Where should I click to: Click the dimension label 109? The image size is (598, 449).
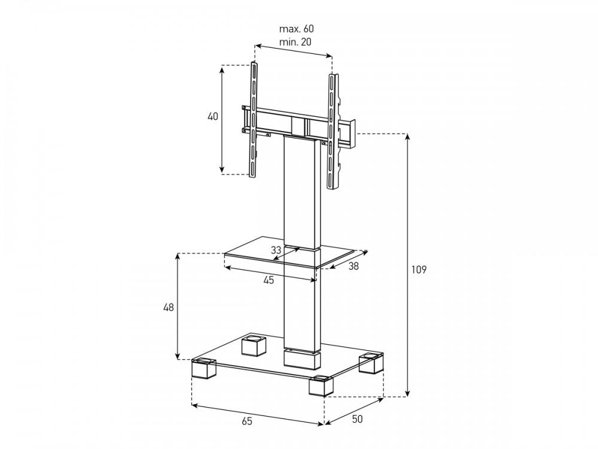[x=419, y=269]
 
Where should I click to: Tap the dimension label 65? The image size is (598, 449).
[x=247, y=421]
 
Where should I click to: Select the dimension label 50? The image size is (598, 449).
[x=357, y=419]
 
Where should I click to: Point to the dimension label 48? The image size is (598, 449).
[x=168, y=308]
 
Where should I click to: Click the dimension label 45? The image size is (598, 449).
[x=269, y=280]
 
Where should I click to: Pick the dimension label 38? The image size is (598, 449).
[x=353, y=267]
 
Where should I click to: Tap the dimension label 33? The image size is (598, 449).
[x=276, y=250]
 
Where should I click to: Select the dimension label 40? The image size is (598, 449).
[x=213, y=117]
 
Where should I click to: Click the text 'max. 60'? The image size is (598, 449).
[x=296, y=29]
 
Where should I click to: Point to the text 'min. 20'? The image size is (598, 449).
[x=295, y=42]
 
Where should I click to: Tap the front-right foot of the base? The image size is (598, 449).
[x=321, y=386]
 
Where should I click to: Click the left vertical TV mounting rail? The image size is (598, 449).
[x=254, y=120]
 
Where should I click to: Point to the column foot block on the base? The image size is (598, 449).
[x=302, y=359]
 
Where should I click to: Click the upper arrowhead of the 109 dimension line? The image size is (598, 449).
[x=408, y=137]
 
